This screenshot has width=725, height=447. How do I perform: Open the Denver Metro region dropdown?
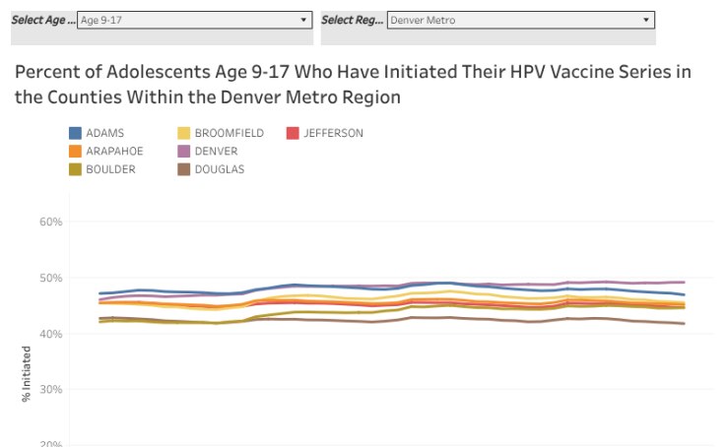pos(520,19)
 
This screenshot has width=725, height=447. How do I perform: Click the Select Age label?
pos(41,19)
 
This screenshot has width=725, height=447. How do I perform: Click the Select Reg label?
pos(352,19)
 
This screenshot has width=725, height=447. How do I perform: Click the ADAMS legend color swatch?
pos(75,133)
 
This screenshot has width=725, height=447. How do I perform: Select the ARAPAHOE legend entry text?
pos(114,151)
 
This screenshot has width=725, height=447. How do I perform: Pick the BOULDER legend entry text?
pos(110,169)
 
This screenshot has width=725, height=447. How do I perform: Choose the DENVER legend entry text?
pos(216,151)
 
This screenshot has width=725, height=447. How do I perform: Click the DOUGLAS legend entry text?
pos(220,169)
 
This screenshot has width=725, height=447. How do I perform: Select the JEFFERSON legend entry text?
pos(333,133)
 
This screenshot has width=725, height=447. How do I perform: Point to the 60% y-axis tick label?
pos(51,222)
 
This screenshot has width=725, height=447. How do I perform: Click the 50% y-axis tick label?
pos(51,278)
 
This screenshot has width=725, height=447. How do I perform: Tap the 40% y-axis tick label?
pos(51,334)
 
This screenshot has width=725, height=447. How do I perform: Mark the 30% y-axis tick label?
pos(51,389)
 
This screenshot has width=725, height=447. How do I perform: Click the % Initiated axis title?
pos(27,373)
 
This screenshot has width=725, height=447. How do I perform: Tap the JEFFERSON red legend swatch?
pos(293,133)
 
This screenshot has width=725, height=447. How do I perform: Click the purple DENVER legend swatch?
pos(184,151)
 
